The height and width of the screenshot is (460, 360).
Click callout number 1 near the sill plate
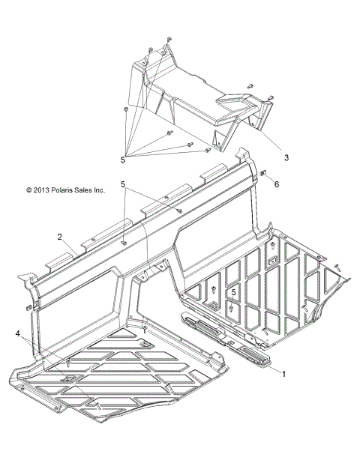[283, 374]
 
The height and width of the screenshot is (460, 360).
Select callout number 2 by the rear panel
[60, 237]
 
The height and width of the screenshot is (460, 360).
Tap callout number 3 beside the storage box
[286, 157]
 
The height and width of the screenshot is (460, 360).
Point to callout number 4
[18, 333]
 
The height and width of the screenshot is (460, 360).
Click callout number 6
[276, 184]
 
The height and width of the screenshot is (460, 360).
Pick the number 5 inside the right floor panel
[233, 292]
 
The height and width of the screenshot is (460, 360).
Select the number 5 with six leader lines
[123, 160]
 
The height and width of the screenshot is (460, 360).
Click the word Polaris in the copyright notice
[61, 190]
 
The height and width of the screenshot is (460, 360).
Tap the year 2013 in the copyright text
[42, 190]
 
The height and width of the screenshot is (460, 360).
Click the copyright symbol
[29, 190]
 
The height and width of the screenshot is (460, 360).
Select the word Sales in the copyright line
[82, 190]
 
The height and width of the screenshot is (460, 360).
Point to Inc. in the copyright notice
[99, 190]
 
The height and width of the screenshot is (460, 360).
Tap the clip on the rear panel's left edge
[28, 307]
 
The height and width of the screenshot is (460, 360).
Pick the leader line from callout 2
[70, 247]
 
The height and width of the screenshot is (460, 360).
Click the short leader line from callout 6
[269, 178]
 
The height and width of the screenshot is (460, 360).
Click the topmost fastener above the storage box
[169, 39]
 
